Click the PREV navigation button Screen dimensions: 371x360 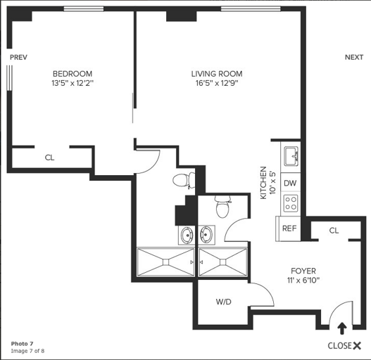pyautogui.click(x=18, y=57)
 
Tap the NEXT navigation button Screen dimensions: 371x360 pyautogui.click(x=354, y=57)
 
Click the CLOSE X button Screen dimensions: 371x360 pyautogui.click(x=344, y=346)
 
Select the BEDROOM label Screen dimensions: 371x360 pyautogui.click(x=73, y=74)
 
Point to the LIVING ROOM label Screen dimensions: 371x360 pyautogui.click(x=217, y=74)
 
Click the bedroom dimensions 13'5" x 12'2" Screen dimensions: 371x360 pyautogui.click(x=73, y=83)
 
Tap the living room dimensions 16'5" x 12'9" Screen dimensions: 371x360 pyautogui.click(x=217, y=83)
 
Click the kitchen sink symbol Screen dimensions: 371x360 pyautogui.click(x=291, y=156)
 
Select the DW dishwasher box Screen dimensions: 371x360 pyautogui.click(x=290, y=182)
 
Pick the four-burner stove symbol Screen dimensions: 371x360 pyautogui.click(x=291, y=203)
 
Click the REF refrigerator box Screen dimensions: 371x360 pyautogui.click(x=288, y=229)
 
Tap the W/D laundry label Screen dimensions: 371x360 pyautogui.click(x=224, y=302)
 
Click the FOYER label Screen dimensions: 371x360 pyautogui.click(x=303, y=271)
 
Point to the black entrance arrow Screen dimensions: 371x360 pyautogui.click(x=341, y=328)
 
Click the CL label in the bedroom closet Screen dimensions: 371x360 pyautogui.click(x=50, y=157)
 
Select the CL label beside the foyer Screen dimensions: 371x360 pyautogui.click(x=334, y=231)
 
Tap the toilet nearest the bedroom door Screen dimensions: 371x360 pyautogui.click(x=184, y=181)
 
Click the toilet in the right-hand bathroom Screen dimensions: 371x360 pyautogui.click(x=222, y=206)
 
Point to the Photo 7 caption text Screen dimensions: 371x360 pyautogui.click(x=23, y=344)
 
